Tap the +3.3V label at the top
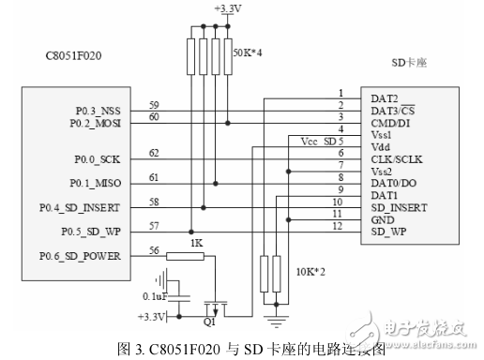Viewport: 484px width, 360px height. (226, 8)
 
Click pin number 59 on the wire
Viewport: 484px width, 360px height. (154, 104)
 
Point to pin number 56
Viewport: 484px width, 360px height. (154, 250)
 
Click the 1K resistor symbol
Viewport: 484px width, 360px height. (190, 256)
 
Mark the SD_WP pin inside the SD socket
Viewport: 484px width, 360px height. (389, 231)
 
